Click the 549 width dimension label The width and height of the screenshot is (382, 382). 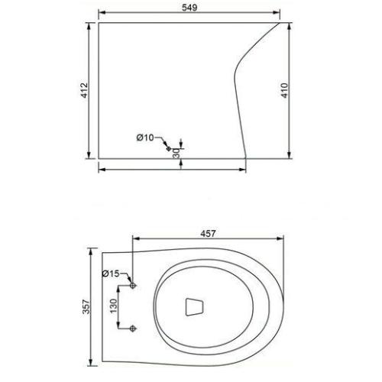(x=189, y=8)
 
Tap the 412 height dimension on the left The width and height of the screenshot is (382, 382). (x=85, y=90)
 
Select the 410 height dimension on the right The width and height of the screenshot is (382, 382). (x=284, y=90)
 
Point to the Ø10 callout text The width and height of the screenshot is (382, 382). (x=145, y=138)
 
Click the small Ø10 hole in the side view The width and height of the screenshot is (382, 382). (x=168, y=148)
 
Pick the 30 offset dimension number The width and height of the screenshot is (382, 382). (x=176, y=154)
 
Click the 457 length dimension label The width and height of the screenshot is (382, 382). (x=208, y=234)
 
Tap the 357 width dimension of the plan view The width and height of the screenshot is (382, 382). (x=86, y=306)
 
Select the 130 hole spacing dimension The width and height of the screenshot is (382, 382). (x=113, y=306)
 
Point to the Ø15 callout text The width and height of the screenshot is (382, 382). (x=111, y=274)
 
